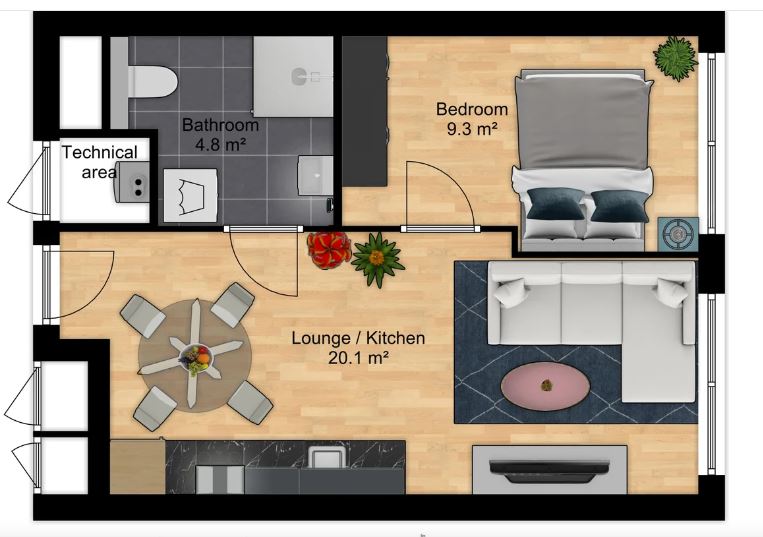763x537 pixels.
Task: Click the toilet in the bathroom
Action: (x=151, y=82)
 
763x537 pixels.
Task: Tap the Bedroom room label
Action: (x=472, y=109)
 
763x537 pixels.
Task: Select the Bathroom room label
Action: (x=220, y=125)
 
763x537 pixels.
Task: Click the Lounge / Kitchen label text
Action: (x=358, y=338)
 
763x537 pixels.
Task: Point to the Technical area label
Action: (x=100, y=162)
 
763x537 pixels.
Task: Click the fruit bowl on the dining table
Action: (x=196, y=360)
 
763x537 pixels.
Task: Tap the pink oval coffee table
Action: (x=545, y=386)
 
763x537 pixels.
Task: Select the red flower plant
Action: (x=329, y=250)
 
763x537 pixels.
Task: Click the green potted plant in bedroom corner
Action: (x=675, y=58)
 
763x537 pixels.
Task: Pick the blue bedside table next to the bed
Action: (x=678, y=234)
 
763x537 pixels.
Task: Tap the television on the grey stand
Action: (x=549, y=469)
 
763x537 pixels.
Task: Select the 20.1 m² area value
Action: (x=358, y=358)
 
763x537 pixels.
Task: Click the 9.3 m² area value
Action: (x=472, y=129)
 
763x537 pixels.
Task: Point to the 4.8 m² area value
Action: (x=220, y=144)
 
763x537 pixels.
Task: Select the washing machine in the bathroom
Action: (x=190, y=196)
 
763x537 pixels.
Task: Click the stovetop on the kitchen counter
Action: (x=219, y=479)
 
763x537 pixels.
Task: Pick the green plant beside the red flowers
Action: (x=377, y=258)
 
